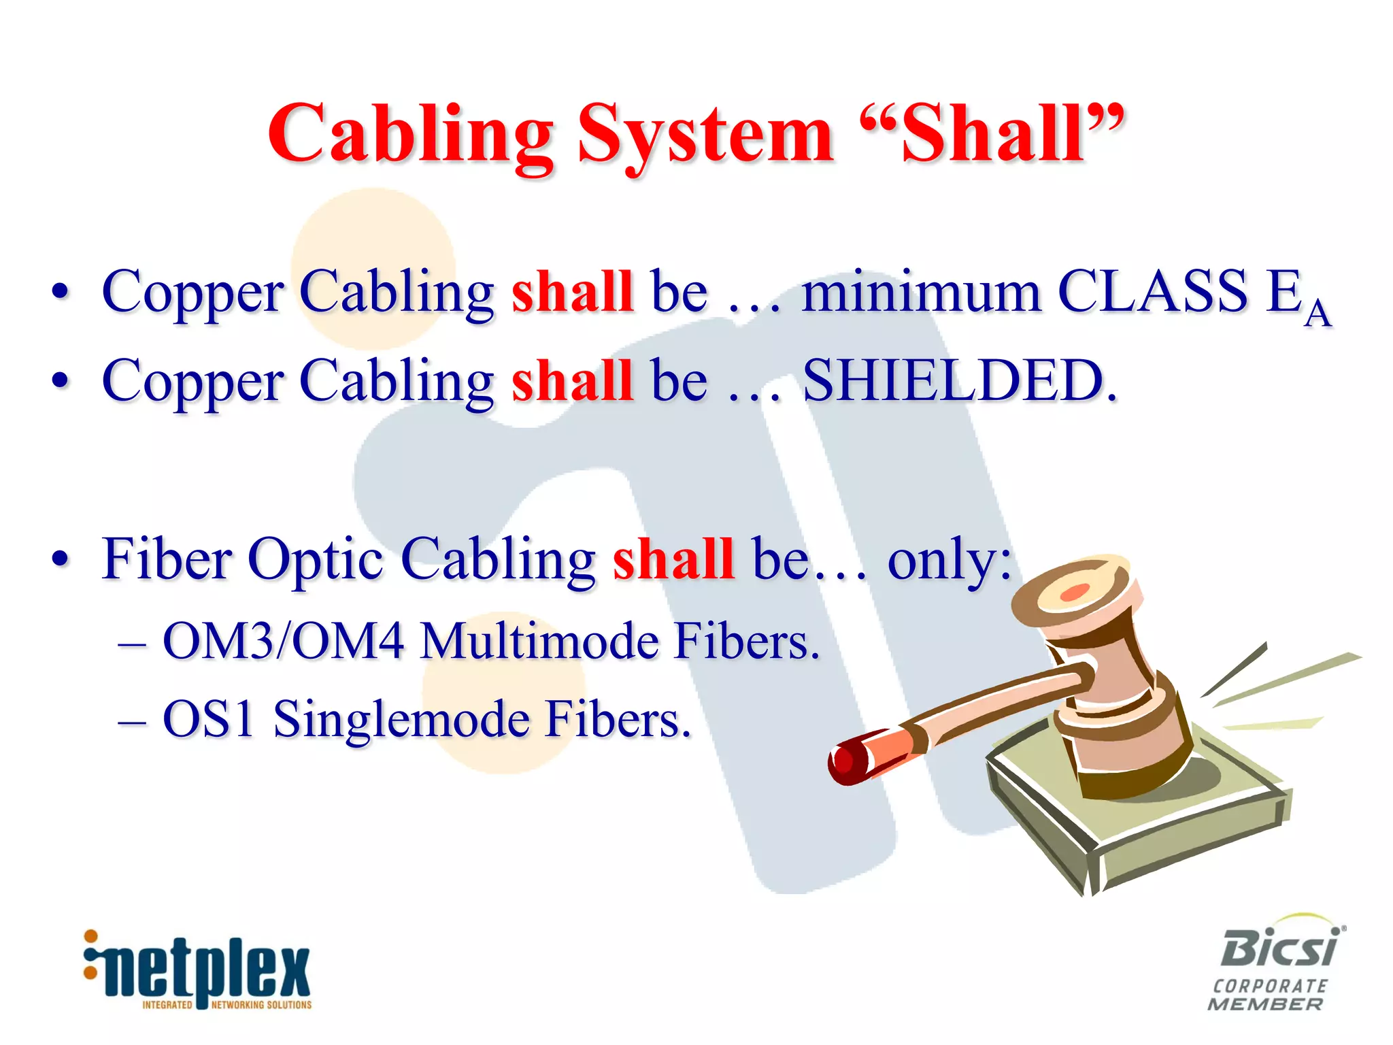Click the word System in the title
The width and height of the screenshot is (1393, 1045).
point(705,135)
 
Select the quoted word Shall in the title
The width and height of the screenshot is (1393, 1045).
point(992,135)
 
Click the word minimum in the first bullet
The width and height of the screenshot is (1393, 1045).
point(921,292)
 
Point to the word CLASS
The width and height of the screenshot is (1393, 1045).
point(1153,291)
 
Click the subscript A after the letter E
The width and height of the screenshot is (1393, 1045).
point(1318,314)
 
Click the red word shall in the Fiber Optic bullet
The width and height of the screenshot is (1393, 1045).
point(673,559)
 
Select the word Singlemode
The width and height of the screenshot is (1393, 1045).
point(401,720)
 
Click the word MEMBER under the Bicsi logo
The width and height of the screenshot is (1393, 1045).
point(1265,1004)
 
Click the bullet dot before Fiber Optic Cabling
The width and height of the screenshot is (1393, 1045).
point(61,559)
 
